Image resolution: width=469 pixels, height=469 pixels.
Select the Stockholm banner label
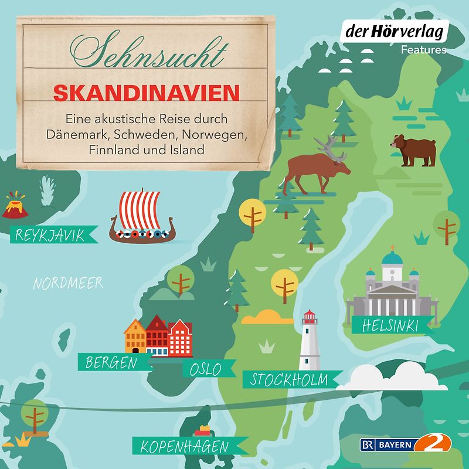tap(290, 379)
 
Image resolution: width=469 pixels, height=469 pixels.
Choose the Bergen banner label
tap(111, 362)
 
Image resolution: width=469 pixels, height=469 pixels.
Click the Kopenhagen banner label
tap(183, 447)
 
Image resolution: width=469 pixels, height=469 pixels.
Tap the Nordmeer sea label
tap(68, 284)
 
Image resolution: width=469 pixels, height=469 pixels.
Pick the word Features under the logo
tap(423, 50)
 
